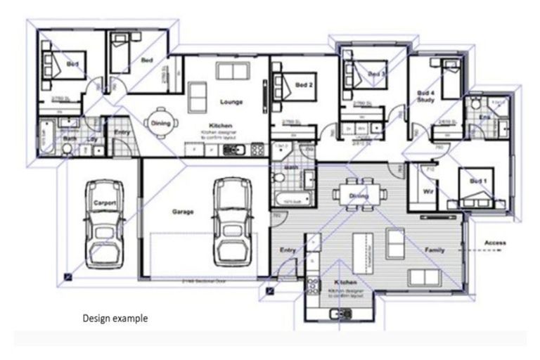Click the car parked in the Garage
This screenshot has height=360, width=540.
(x=233, y=219)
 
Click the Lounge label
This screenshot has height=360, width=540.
(x=231, y=102)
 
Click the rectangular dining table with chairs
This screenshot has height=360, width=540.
(x=359, y=191)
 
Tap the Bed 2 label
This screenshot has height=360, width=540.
(x=304, y=85)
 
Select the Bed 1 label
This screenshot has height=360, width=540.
(x=478, y=181)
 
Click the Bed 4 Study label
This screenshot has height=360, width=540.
(x=426, y=96)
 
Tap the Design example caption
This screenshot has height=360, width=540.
(x=115, y=318)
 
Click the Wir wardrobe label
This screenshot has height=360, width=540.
(x=426, y=191)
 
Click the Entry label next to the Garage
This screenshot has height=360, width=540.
(x=288, y=250)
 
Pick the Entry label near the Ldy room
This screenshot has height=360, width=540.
(x=122, y=131)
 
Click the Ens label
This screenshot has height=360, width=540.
(x=484, y=116)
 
